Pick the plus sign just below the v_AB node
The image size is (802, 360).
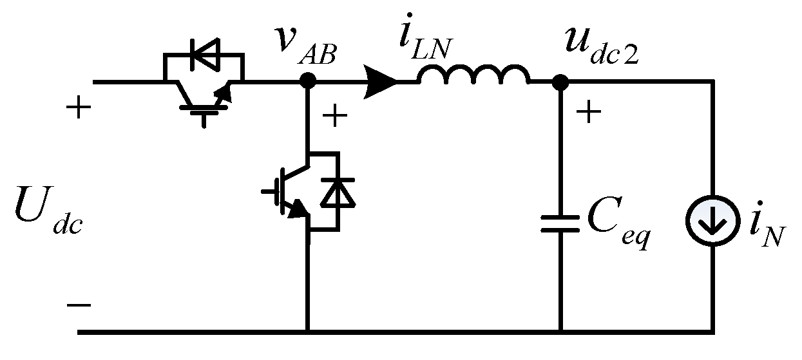334,116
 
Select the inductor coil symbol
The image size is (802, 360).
474,76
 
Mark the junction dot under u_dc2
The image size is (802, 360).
560,82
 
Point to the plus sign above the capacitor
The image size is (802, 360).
588,113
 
